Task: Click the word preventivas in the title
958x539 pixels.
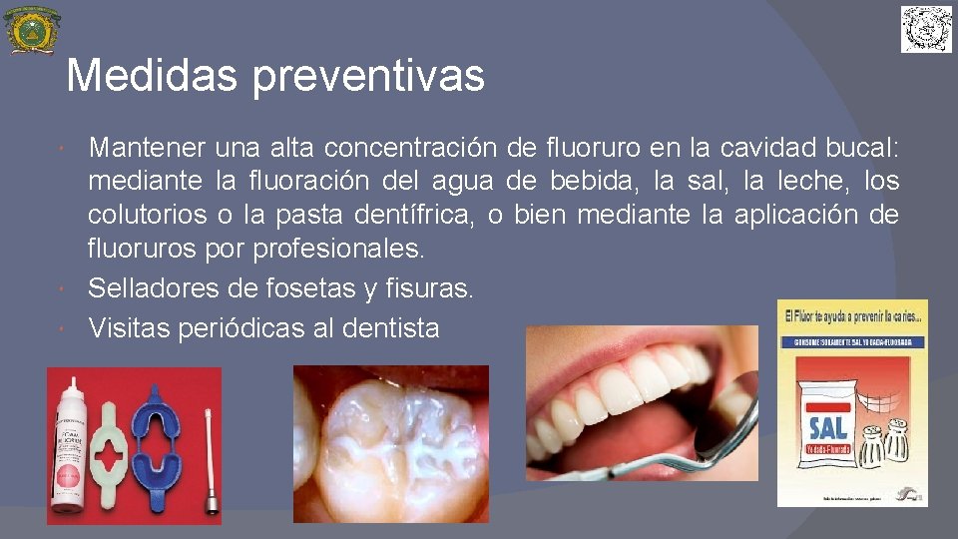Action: click(369, 77)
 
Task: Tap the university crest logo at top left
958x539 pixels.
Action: click(32, 30)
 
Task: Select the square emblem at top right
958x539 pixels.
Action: click(926, 29)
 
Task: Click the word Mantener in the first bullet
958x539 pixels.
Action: click(147, 149)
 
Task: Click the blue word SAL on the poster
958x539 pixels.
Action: click(827, 429)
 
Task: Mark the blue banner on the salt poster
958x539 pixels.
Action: click(852, 340)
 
